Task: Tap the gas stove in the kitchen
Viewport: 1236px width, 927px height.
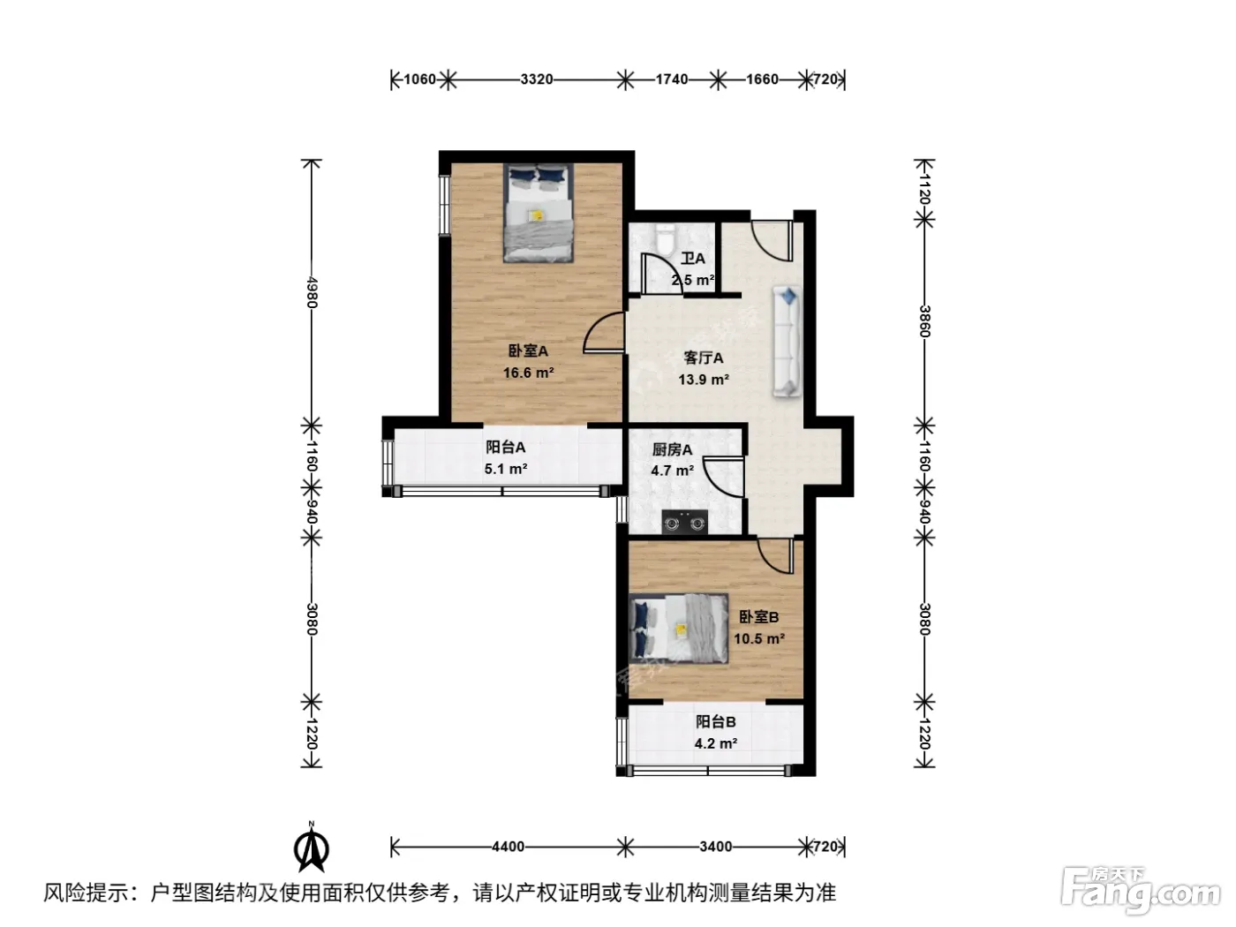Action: pos(684,521)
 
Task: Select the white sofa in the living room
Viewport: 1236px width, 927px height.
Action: pos(788,341)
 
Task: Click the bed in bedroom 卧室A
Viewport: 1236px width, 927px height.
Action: pos(539,213)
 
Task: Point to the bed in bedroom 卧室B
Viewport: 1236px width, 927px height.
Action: pos(679,629)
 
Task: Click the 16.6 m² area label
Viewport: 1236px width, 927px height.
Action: pos(528,373)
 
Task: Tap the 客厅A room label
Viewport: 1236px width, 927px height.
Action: pos(704,358)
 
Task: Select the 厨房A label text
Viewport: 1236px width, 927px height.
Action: pos(672,449)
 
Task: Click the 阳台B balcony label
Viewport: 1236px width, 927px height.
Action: pos(716,721)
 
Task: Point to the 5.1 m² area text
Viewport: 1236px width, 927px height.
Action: pos(506,469)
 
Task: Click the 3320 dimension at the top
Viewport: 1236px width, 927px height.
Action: pos(536,79)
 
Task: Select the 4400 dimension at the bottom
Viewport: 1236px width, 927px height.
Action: pos(508,846)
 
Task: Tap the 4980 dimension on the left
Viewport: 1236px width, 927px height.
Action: pos(313,292)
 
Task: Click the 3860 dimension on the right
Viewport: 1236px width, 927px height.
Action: pos(924,321)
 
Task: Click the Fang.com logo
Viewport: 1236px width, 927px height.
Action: pos(1141,891)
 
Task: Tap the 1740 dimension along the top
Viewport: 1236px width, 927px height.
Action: pos(671,79)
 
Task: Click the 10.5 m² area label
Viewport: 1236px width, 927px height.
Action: pos(759,639)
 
